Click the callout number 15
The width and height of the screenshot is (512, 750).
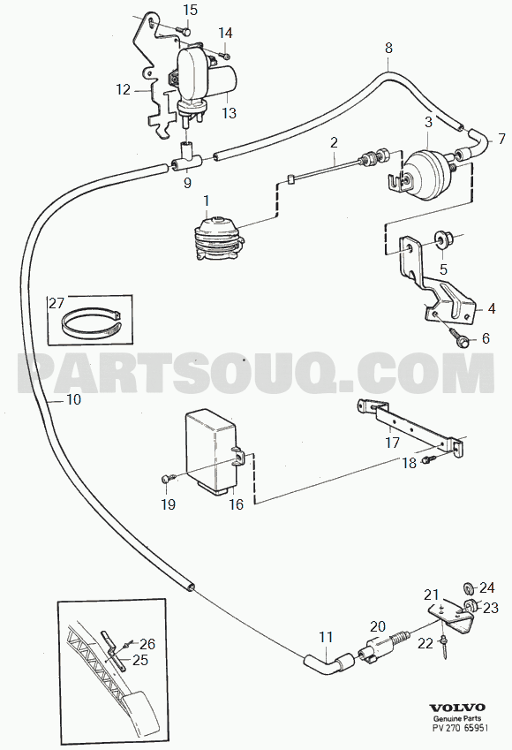pos(190,10)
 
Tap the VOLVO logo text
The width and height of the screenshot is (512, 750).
pos(456,708)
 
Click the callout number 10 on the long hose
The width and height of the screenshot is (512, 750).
pos(73,399)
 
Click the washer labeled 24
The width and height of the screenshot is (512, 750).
pos(470,587)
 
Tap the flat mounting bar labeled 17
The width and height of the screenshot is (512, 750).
pos(410,428)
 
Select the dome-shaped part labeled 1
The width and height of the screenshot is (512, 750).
pos(217,238)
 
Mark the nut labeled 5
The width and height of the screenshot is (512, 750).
pos(440,239)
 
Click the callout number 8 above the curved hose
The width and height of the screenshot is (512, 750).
pos(388,48)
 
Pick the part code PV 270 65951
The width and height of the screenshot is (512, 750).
pos(456,728)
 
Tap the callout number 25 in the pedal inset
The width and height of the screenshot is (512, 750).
pos(140,660)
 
